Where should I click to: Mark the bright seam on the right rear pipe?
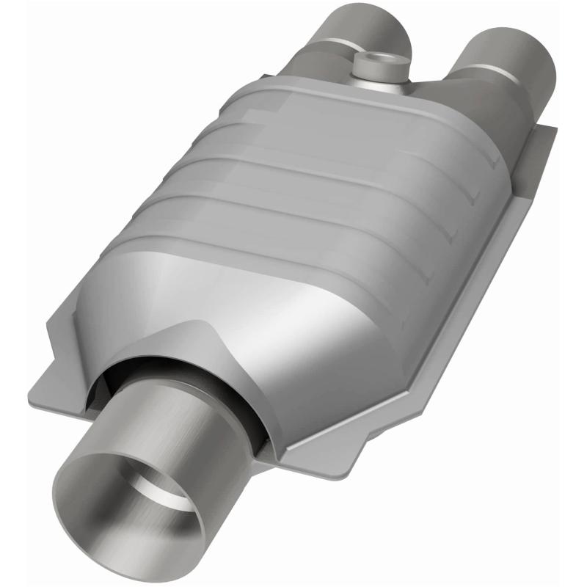[484, 73]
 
